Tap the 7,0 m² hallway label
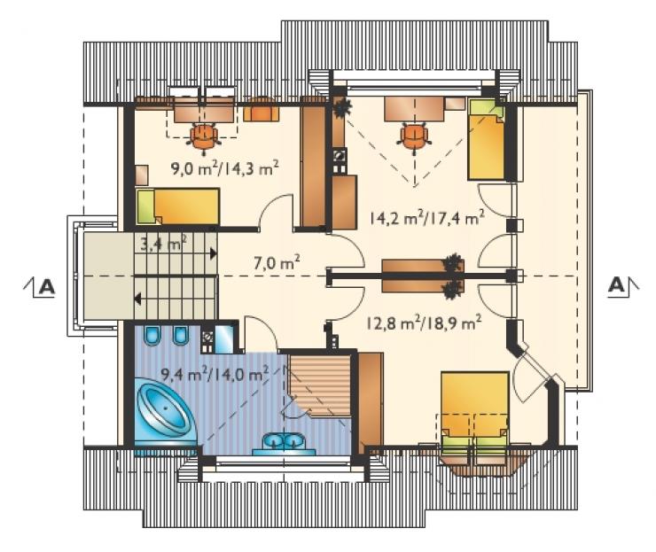tap(277, 263)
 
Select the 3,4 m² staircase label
tap(164, 243)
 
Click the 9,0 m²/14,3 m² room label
tap(224, 169)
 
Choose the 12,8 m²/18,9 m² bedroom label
tap(424, 323)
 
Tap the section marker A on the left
tap(44, 287)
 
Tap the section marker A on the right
tap(619, 285)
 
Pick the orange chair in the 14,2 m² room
tap(414, 136)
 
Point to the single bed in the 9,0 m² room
tap(178, 206)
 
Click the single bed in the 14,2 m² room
tap(486, 140)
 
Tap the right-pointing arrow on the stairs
tap(213, 253)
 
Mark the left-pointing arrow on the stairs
tap(137, 299)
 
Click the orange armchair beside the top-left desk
tap(261, 110)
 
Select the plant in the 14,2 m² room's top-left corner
tap(343, 106)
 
